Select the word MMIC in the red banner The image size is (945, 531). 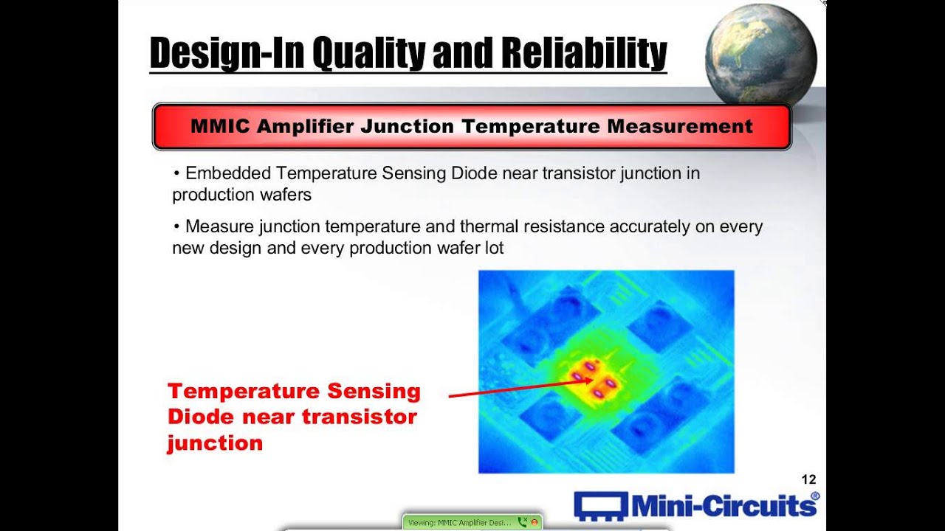click(219, 126)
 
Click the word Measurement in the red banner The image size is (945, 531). click(680, 126)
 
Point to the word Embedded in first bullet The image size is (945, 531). click(228, 173)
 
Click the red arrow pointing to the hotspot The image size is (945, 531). click(517, 389)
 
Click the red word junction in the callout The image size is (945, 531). click(215, 443)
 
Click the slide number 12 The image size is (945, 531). click(808, 480)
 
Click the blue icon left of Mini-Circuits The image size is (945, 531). click(599, 506)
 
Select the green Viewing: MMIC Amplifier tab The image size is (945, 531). click(459, 522)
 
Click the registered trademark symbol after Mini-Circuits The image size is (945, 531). click(815, 496)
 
